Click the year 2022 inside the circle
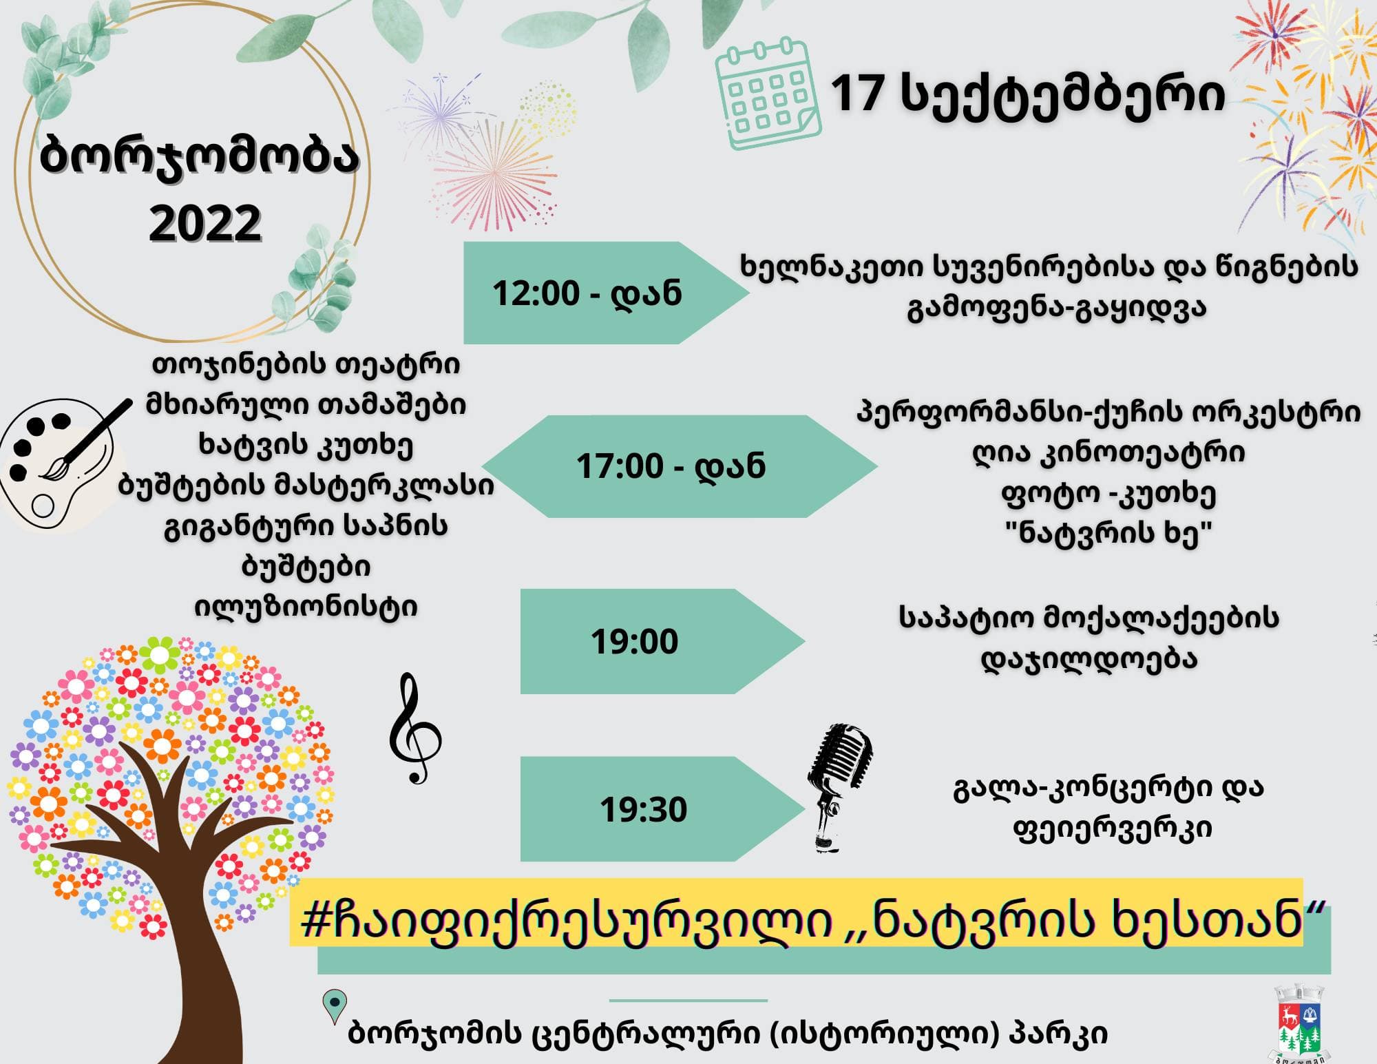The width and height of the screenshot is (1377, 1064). click(205, 222)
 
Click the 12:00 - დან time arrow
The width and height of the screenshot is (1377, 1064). click(606, 293)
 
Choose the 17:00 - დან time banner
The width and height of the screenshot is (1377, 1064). click(679, 466)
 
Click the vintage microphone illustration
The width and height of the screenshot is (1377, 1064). click(839, 788)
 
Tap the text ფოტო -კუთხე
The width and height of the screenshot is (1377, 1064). click(1108, 493)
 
